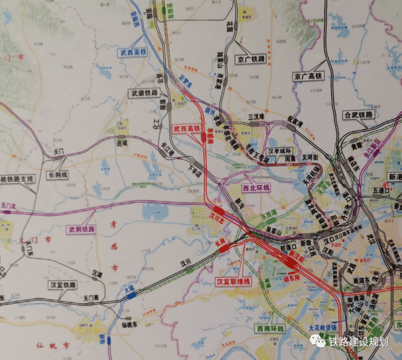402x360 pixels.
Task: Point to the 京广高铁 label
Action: point(307,76)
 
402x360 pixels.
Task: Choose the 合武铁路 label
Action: point(358,115)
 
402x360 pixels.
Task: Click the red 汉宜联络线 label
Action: point(233,281)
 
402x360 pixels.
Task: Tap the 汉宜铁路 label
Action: point(63,285)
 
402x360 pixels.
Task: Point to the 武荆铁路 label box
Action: point(82,230)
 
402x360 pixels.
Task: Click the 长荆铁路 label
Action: point(61,175)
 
